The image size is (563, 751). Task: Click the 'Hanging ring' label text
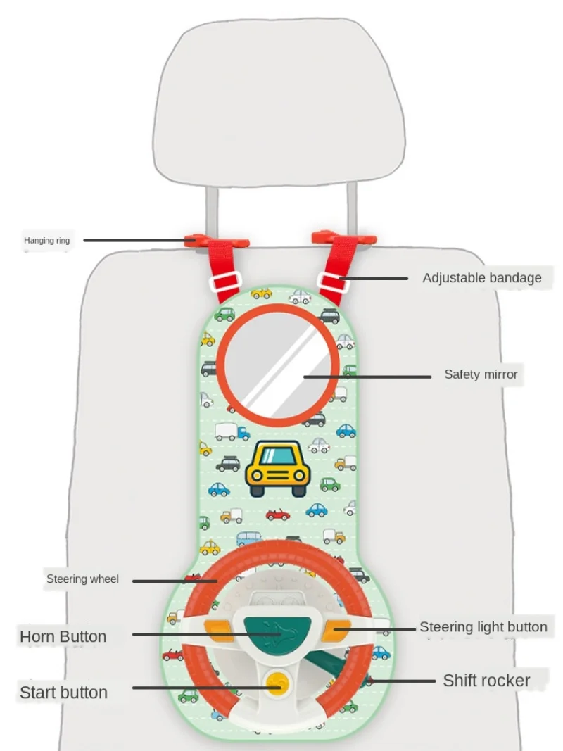coord(47,241)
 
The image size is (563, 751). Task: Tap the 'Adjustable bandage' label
coord(482,278)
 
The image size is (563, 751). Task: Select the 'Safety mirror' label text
coord(481,374)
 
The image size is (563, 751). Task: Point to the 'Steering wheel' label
coord(83,580)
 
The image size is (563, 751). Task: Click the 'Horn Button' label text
coord(63,637)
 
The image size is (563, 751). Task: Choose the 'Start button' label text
coord(64,693)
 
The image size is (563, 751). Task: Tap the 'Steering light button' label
coord(483,627)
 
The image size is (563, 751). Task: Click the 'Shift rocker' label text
coord(486,681)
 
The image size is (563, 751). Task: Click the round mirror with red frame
coord(277,365)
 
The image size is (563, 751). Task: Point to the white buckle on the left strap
coord(225,283)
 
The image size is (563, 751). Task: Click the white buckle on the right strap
coord(331,282)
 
